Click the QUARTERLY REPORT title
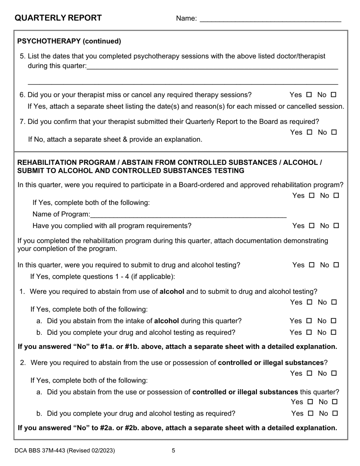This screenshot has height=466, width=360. coord(58,18)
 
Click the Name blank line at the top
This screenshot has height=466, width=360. coord(270,19)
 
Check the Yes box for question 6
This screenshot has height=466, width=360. coord(309,95)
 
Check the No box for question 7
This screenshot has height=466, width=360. coord(334,132)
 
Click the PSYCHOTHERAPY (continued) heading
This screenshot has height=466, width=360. coord(69,41)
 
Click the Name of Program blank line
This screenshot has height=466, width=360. coord(188,215)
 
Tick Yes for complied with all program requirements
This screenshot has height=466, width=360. coord(311,226)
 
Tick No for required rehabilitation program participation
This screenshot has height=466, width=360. coord(336,195)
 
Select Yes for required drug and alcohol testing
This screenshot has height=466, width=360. coord(311,265)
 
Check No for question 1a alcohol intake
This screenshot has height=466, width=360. coord(333,321)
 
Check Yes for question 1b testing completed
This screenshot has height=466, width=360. coord(309,332)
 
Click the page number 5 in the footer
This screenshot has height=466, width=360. coord(174,450)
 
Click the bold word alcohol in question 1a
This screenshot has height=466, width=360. coord(167,321)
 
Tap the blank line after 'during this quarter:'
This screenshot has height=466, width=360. coord(212,67)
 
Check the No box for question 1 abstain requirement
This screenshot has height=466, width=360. coord(334,302)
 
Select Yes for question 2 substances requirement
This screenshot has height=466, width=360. coord(309,373)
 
